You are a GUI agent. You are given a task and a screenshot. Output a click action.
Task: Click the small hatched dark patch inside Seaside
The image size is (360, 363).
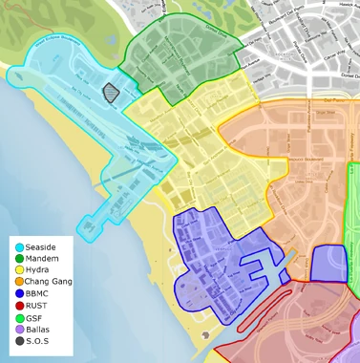click(112, 93)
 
